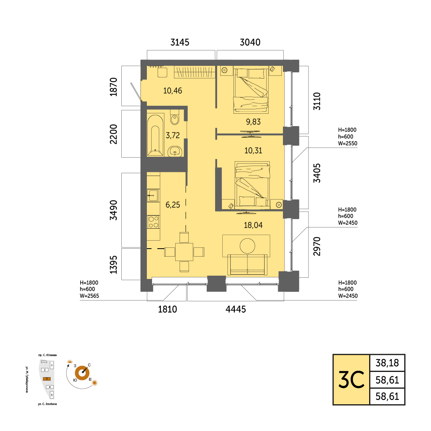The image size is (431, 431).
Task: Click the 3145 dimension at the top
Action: tap(180, 42)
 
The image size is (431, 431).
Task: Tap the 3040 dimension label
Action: tap(250, 42)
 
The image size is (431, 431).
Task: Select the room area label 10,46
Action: tap(173, 91)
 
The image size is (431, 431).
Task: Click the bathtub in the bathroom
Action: tap(155, 136)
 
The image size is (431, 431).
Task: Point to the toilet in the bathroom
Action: tap(174, 118)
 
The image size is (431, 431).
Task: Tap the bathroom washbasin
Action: tap(175, 151)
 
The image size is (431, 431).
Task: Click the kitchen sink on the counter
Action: tap(152, 196)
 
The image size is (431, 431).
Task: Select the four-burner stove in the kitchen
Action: tap(153, 222)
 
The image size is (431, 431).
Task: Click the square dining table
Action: tap(184, 252)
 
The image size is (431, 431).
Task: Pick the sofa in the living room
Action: tap(247, 265)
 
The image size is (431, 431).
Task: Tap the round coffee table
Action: tap(247, 246)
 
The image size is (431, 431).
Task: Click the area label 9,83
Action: tap(253, 122)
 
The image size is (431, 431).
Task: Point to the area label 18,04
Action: tap(253, 225)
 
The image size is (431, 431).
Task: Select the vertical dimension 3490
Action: tap(113, 210)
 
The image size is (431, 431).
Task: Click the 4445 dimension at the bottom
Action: tap(235, 309)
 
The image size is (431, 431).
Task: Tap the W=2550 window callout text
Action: tap(348, 143)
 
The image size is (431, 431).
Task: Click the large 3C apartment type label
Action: tap(351, 380)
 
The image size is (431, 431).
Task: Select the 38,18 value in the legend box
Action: tap(387, 363)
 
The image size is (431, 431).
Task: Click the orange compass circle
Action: tap(82, 373)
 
